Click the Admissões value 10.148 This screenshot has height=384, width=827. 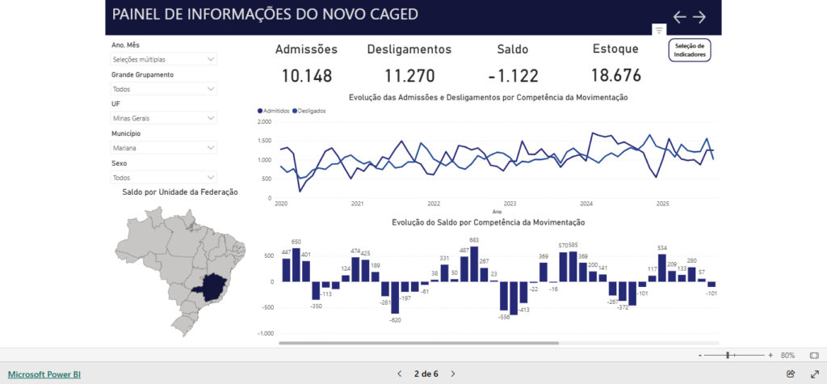pos(307,76)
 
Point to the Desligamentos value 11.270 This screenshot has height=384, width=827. pos(409,76)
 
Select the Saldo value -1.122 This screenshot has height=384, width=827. pos(513,76)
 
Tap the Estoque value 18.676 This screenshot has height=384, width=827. pos(615,76)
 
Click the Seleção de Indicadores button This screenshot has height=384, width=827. pos(690,50)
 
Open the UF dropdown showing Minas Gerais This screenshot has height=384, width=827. pos(164,118)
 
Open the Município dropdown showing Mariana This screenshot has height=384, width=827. pos(164,148)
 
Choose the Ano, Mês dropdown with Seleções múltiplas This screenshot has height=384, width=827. pos(164,59)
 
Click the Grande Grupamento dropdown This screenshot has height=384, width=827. pos(164,89)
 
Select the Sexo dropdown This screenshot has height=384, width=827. pos(164,177)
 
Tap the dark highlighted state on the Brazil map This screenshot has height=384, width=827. pos(216,285)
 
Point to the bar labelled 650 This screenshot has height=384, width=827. pos(296,264)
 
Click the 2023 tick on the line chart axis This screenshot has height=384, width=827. pos(510,204)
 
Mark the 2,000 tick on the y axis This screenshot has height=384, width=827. pos(264,122)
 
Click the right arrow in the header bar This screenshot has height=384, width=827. pos(699,17)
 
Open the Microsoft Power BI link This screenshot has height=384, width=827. pos(44,374)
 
